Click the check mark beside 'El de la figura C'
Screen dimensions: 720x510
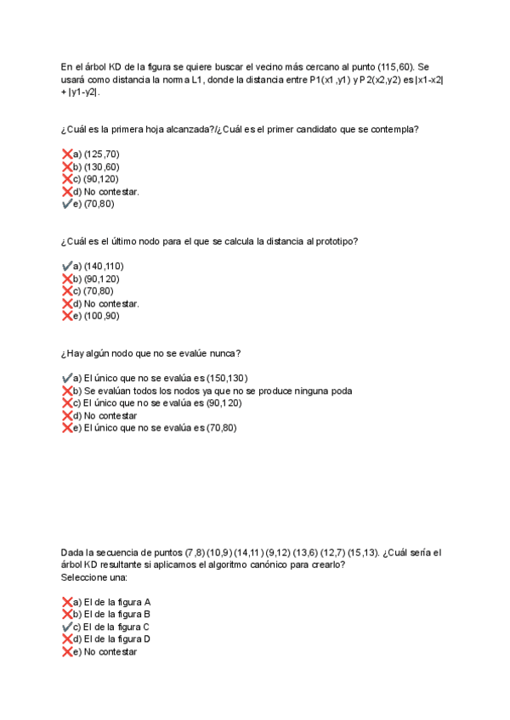point(67,627)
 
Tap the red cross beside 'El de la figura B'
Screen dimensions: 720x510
point(67,614)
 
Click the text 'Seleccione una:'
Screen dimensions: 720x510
point(93,577)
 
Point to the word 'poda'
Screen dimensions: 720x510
point(340,391)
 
